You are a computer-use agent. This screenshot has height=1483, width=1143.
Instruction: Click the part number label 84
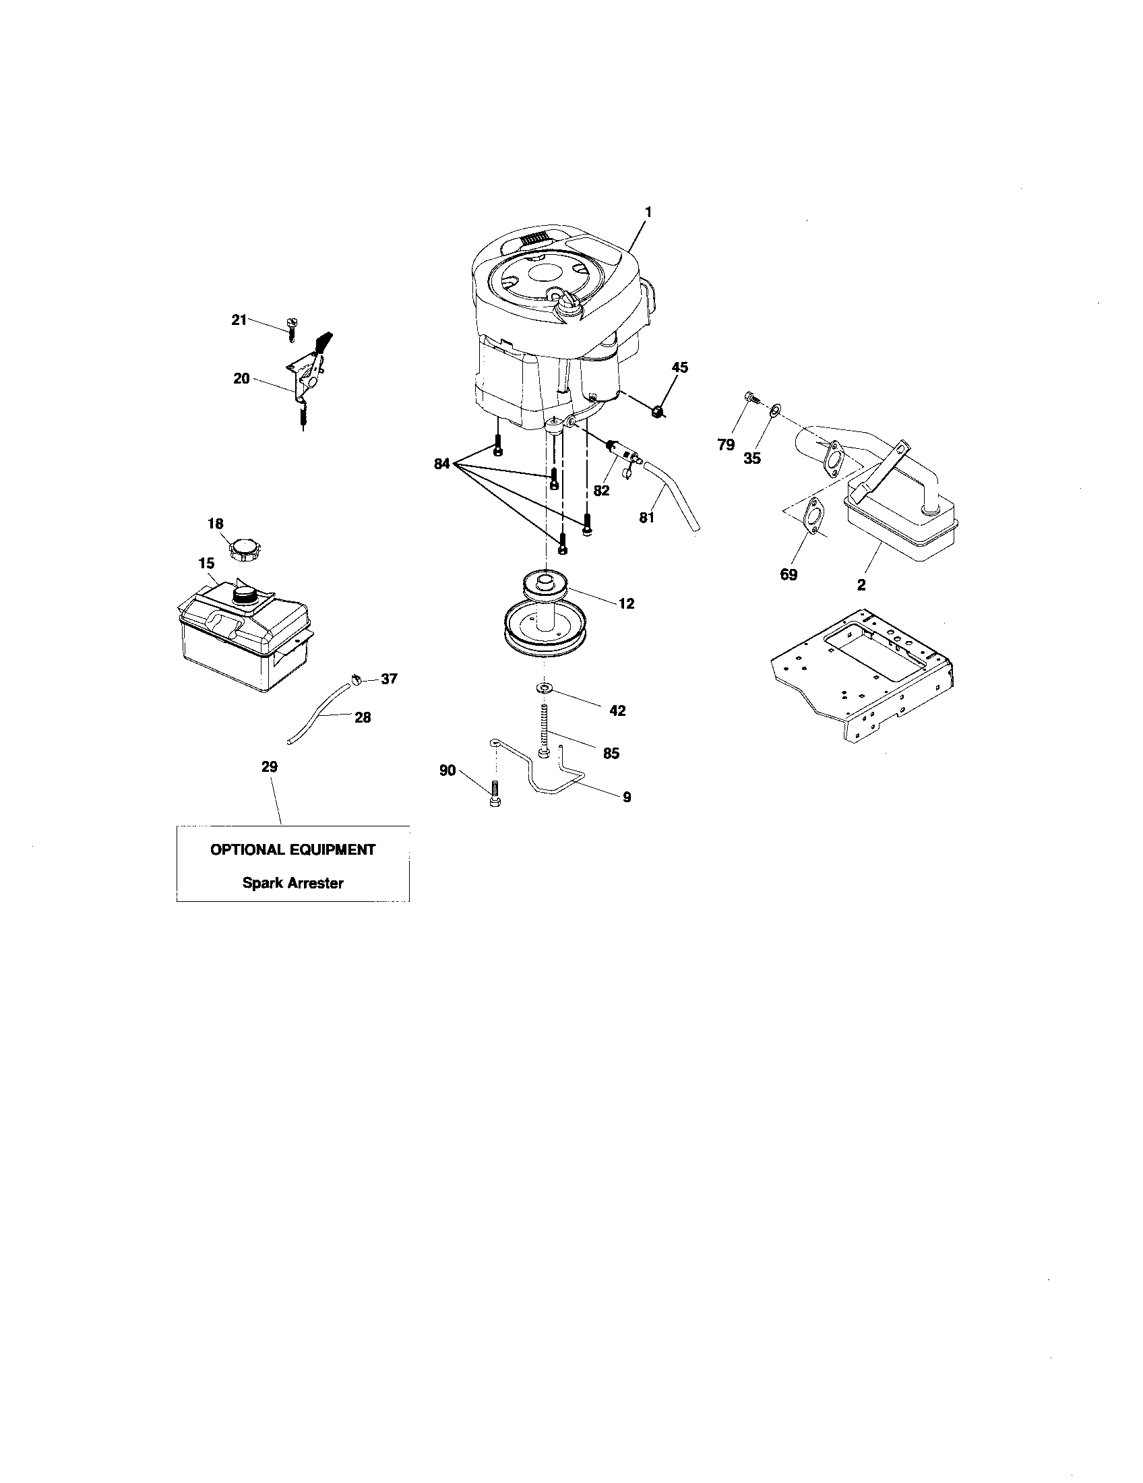[x=442, y=464]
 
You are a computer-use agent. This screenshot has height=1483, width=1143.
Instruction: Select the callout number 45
[x=679, y=367]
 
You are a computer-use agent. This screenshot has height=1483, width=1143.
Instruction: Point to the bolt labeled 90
[x=495, y=793]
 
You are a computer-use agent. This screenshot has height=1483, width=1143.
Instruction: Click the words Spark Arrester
[x=292, y=883]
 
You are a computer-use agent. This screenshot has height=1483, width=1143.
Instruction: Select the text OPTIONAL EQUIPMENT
[x=292, y=849]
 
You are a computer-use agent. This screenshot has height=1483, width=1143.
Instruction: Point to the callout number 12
[x=626, y=603]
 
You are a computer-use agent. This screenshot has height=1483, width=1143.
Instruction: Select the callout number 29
[x=270, y=766]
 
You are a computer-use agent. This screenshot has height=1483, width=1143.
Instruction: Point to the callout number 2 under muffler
[x=861, y=584]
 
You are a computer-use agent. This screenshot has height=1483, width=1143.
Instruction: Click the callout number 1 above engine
[x=648, y=212]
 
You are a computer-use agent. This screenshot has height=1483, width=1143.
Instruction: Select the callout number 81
[x=646, y=518]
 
